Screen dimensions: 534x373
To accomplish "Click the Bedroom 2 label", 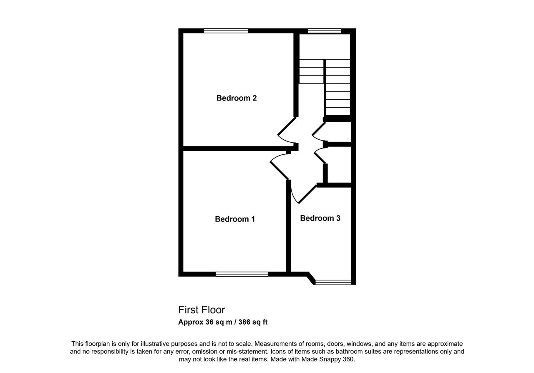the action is (237, 98).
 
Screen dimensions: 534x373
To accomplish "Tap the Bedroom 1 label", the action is (235, 219).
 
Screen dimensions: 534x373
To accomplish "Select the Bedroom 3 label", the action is (320, 218).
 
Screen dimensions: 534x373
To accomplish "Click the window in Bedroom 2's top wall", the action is (226, 30).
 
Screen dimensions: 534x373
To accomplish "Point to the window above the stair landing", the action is (325, 30).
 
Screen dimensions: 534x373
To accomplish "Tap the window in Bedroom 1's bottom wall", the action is (242, 274).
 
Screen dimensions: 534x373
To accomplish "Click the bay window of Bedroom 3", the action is (333, 282).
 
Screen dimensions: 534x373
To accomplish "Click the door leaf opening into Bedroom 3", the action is (307, 194).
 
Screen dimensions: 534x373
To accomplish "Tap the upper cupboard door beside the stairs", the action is (319, 129).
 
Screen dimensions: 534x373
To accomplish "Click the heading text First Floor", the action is (202, 310).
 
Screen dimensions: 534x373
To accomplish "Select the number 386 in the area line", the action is (244, 322).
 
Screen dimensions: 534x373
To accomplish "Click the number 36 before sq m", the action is (209, 322).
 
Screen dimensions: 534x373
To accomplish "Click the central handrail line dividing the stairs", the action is (325, 88).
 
